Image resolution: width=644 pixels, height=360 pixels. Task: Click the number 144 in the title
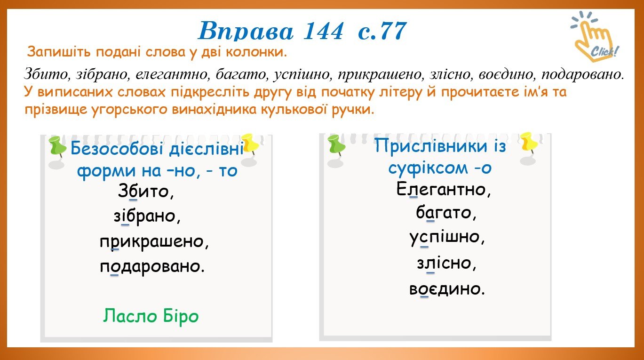[x=323, y=31]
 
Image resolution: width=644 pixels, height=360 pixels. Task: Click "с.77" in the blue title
[x=382, y=31]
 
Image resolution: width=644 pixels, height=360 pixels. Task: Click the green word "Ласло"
[x=129, y=316]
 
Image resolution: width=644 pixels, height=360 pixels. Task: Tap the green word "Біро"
[x=181, y=316]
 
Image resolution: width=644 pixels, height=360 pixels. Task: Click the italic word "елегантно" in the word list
[x=171, y=74]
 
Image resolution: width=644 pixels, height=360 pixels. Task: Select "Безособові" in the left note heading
[x=118, y=149]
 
